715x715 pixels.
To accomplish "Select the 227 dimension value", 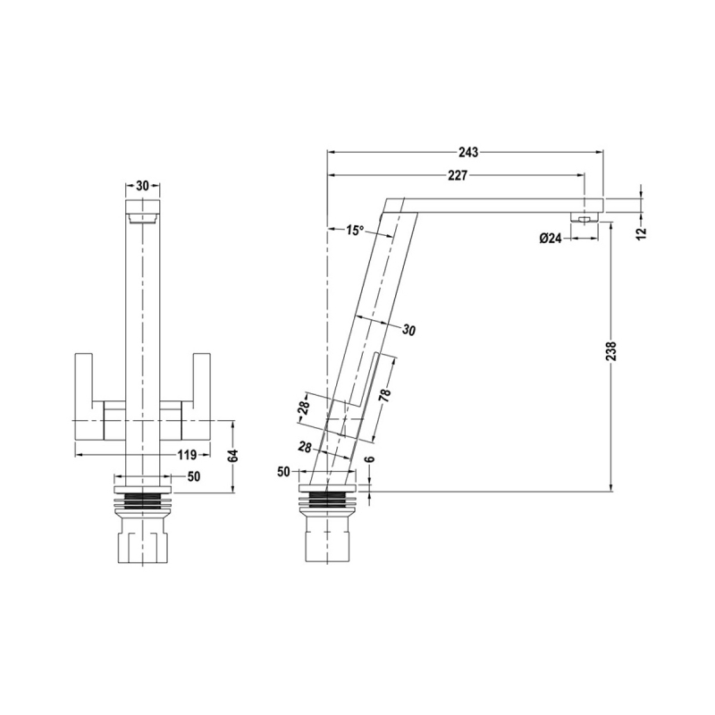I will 457,175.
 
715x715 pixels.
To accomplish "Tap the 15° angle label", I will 355,231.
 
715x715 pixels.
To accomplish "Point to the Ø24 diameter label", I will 550,238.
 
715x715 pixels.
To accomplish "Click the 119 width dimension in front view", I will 187,455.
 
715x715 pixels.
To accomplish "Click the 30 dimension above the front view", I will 141,186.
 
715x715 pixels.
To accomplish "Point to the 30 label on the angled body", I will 409,331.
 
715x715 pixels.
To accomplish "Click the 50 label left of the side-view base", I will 285,471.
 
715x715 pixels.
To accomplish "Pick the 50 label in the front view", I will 193,476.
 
